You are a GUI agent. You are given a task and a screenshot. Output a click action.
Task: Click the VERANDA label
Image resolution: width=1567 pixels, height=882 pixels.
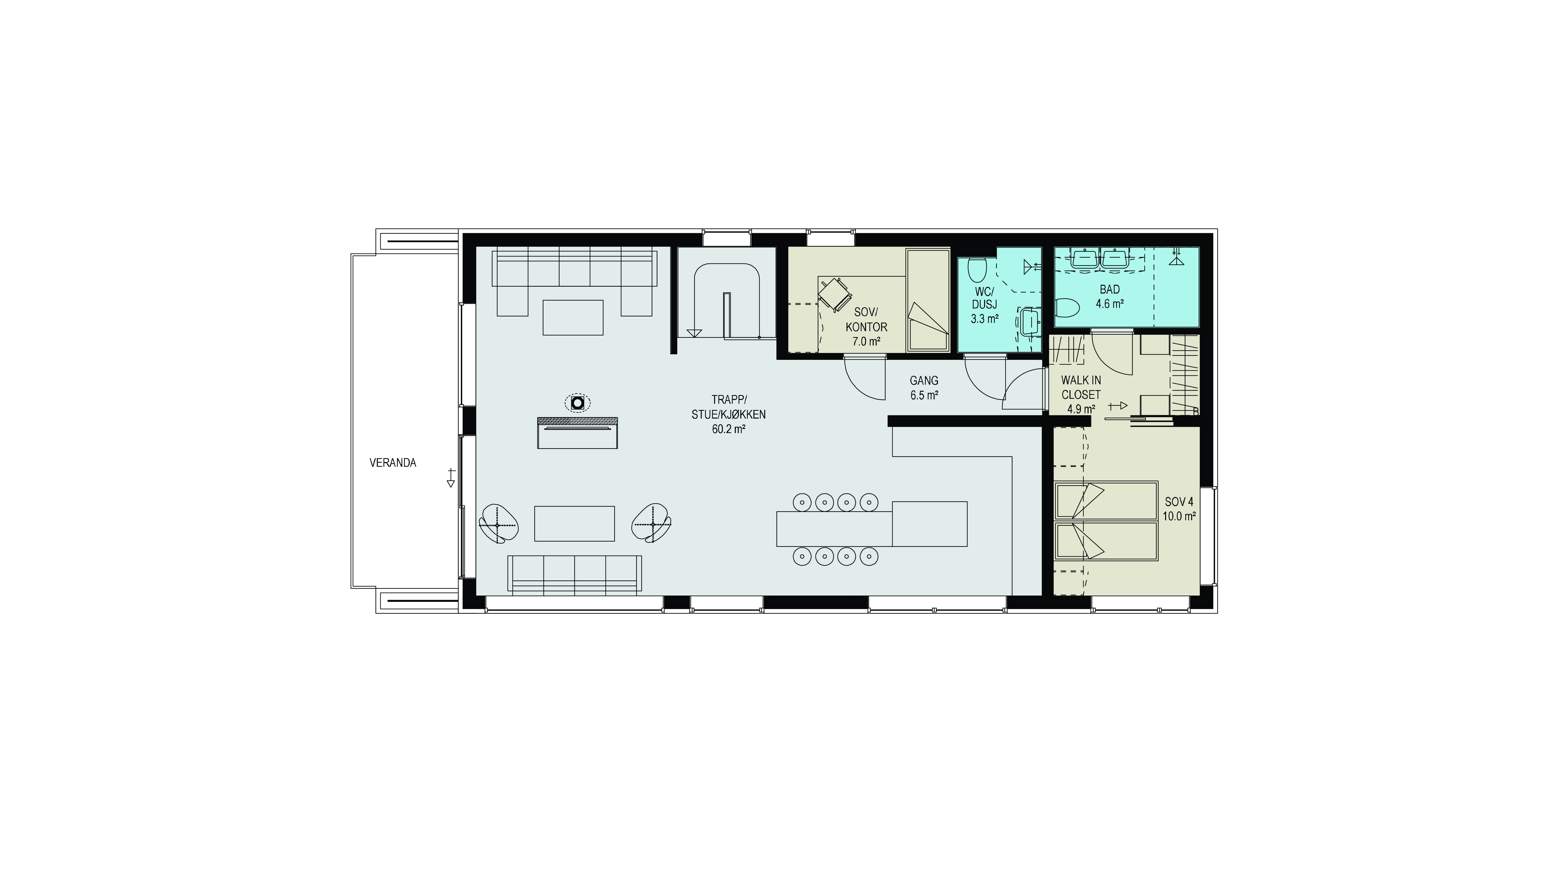pos(393,463)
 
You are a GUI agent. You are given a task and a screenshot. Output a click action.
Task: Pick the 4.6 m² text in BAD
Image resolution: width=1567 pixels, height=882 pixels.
pos(1109,304)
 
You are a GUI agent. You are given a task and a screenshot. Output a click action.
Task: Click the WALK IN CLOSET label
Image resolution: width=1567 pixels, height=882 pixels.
pos(1081,387)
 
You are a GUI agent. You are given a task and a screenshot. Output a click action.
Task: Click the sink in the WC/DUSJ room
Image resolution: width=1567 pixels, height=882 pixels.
pos(1030,321)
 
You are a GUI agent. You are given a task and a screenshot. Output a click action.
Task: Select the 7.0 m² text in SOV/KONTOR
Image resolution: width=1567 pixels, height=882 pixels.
pos(866,342)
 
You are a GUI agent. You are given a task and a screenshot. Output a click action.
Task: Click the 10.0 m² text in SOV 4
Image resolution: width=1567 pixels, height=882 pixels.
pos(1179,516)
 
